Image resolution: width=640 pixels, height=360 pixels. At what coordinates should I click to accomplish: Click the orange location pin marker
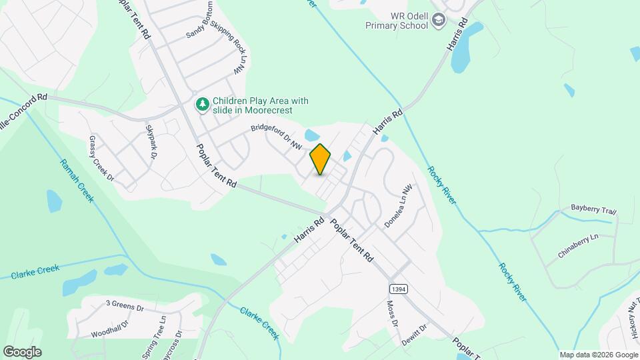320,159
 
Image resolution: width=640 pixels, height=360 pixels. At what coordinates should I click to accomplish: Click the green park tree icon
202,105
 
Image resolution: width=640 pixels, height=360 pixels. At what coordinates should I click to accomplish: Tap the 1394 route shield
397,287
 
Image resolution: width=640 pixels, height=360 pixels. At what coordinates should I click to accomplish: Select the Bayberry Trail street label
593,209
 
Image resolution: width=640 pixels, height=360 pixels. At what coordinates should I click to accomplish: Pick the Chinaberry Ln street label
578,246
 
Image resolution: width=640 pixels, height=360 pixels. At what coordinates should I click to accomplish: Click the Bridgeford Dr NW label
277,137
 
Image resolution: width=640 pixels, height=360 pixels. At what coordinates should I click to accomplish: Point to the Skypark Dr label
151,142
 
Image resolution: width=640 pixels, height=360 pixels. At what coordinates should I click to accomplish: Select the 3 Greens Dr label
125,306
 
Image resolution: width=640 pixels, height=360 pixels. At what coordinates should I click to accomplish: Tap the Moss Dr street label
392,313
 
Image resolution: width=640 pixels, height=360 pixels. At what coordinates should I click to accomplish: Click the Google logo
22,352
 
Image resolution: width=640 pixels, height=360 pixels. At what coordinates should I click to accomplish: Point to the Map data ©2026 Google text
597,355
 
